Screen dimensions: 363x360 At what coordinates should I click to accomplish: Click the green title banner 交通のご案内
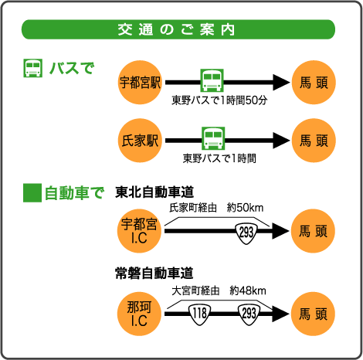(178, 29)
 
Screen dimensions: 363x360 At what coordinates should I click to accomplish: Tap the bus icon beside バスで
(32, 68)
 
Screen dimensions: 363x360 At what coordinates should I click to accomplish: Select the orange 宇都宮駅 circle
(140, 83)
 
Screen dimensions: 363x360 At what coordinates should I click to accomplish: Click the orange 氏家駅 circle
(140, 141)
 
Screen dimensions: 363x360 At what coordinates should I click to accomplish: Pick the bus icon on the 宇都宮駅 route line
(212, 80)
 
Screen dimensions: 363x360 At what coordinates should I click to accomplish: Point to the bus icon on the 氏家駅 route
(213, 138)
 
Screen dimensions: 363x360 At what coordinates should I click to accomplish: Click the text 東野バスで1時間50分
(219, 100)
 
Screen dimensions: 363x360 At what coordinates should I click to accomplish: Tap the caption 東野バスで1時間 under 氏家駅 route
(219, 158)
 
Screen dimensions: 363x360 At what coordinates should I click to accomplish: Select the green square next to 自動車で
(32, 192)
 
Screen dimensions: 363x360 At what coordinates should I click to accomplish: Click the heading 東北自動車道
(154, 192)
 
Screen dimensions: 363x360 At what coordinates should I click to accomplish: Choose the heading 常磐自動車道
(154, 273)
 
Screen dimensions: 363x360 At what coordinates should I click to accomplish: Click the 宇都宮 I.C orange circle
(139, 231)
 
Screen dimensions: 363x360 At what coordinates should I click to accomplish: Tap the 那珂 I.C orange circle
(139, 314)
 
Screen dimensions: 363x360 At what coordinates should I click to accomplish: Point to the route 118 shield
(200, 314)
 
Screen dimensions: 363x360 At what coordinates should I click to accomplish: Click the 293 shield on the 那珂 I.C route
(249, 314)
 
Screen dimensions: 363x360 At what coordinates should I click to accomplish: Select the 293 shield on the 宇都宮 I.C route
(246, 233)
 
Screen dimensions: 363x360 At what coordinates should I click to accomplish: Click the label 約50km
(246, 208)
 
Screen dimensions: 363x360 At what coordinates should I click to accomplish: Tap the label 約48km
(248, 290)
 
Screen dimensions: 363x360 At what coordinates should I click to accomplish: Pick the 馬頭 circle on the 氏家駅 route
(314, 141)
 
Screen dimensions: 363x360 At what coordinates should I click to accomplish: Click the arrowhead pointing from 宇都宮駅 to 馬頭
(282, 83)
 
